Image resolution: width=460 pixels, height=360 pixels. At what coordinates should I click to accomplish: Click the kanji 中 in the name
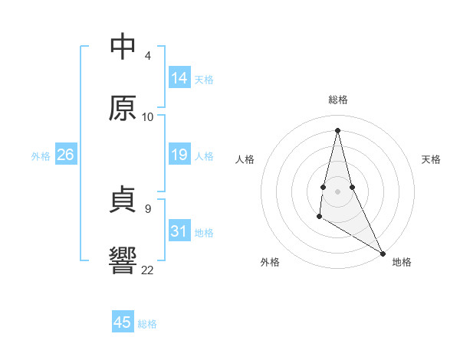click(123, 47)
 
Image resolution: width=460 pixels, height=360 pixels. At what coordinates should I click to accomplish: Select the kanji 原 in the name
click(123, 108)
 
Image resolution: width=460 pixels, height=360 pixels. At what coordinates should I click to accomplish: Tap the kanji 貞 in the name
click(123, 201)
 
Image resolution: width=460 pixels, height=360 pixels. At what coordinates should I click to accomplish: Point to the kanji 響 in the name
click(123, 260)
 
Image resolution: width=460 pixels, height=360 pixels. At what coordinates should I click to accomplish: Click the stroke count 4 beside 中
click(148, 56)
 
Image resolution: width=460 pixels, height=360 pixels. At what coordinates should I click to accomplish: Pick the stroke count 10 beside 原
click(148, 116)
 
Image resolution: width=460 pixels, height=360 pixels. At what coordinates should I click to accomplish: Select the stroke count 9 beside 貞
click(148, 208)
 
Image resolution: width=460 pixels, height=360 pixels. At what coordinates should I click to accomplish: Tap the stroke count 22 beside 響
click(148, 269)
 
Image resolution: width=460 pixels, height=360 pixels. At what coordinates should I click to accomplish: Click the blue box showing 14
click(179, 78)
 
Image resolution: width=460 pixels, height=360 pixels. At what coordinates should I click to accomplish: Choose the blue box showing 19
click(179, 155)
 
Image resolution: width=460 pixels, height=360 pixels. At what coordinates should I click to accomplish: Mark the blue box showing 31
click(179, 231)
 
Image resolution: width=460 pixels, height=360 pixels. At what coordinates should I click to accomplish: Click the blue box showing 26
click(66, 155)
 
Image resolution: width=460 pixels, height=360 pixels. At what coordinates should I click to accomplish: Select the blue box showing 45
click(123, 322)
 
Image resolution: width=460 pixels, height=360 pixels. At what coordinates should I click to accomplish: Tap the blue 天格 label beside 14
click(204, 80)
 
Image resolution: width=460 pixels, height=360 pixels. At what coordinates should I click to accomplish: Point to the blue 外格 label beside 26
click(41, 156)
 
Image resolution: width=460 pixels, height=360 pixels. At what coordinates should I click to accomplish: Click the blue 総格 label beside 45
click(147, 324)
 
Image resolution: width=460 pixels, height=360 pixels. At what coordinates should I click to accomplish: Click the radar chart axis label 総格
click(338, 100)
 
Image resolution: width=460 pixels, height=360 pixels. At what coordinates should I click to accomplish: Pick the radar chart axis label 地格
click(402, 262)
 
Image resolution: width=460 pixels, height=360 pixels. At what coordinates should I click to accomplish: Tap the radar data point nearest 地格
click(383, 253)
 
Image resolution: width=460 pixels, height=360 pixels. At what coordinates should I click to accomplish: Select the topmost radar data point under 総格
click(337, 130)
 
